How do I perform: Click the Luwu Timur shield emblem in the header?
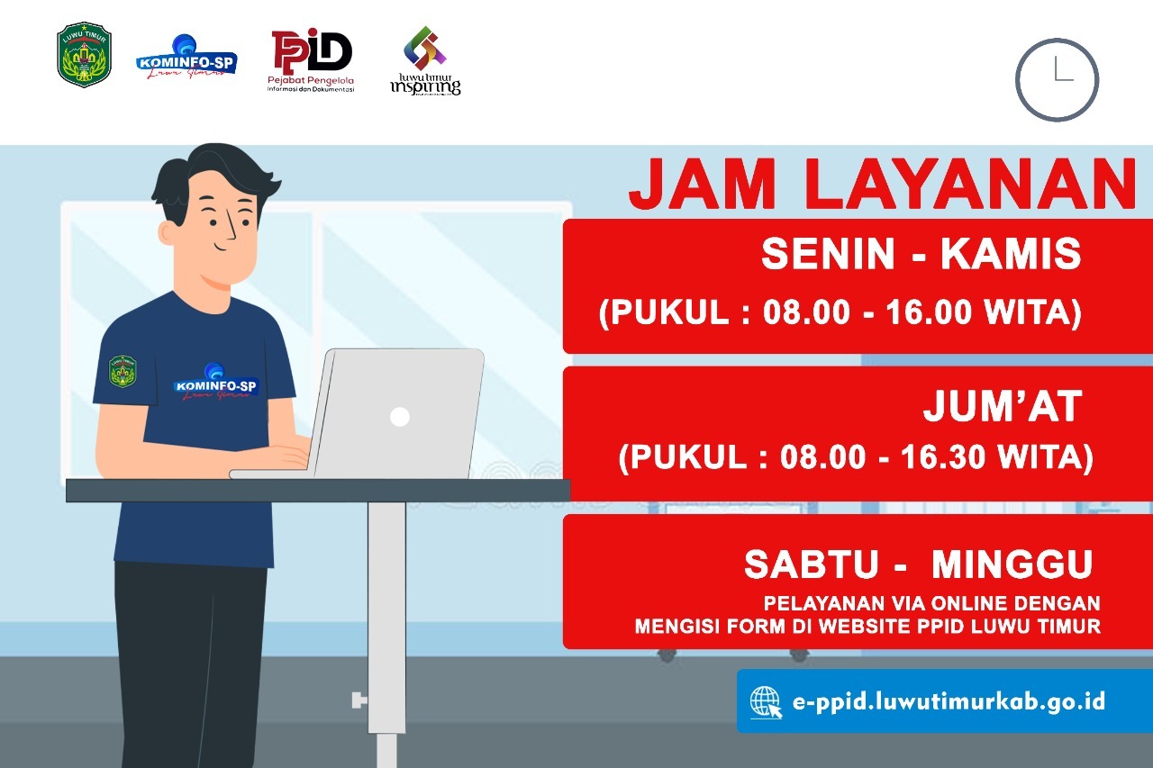click(x=84, y=55)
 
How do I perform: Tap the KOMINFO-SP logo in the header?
click(x=186, y=58)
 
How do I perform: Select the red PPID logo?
click(x=311, y=60)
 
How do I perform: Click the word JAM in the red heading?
click(x=703, y=185)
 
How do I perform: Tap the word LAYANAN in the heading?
click(x=971, y=185)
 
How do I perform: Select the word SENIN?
click(x=828, y=254)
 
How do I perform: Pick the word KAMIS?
click(x=1011, y=254)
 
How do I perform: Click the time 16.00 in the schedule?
click(x=929, y=312)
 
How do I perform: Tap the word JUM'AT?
click(x=1003, y=406)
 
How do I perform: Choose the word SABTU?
click(x=812, y=565)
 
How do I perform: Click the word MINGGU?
click(x=1012, y=565)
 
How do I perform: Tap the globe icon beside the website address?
click(x=766, y=701)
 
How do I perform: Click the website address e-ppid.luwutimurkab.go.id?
click(x=949, y=701)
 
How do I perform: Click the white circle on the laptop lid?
click(x=400, y=417)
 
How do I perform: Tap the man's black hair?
click(x=212, y=180)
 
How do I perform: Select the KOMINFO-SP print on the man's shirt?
click(x=214, y=384)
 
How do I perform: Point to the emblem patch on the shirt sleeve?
click(x=123, y=371)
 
